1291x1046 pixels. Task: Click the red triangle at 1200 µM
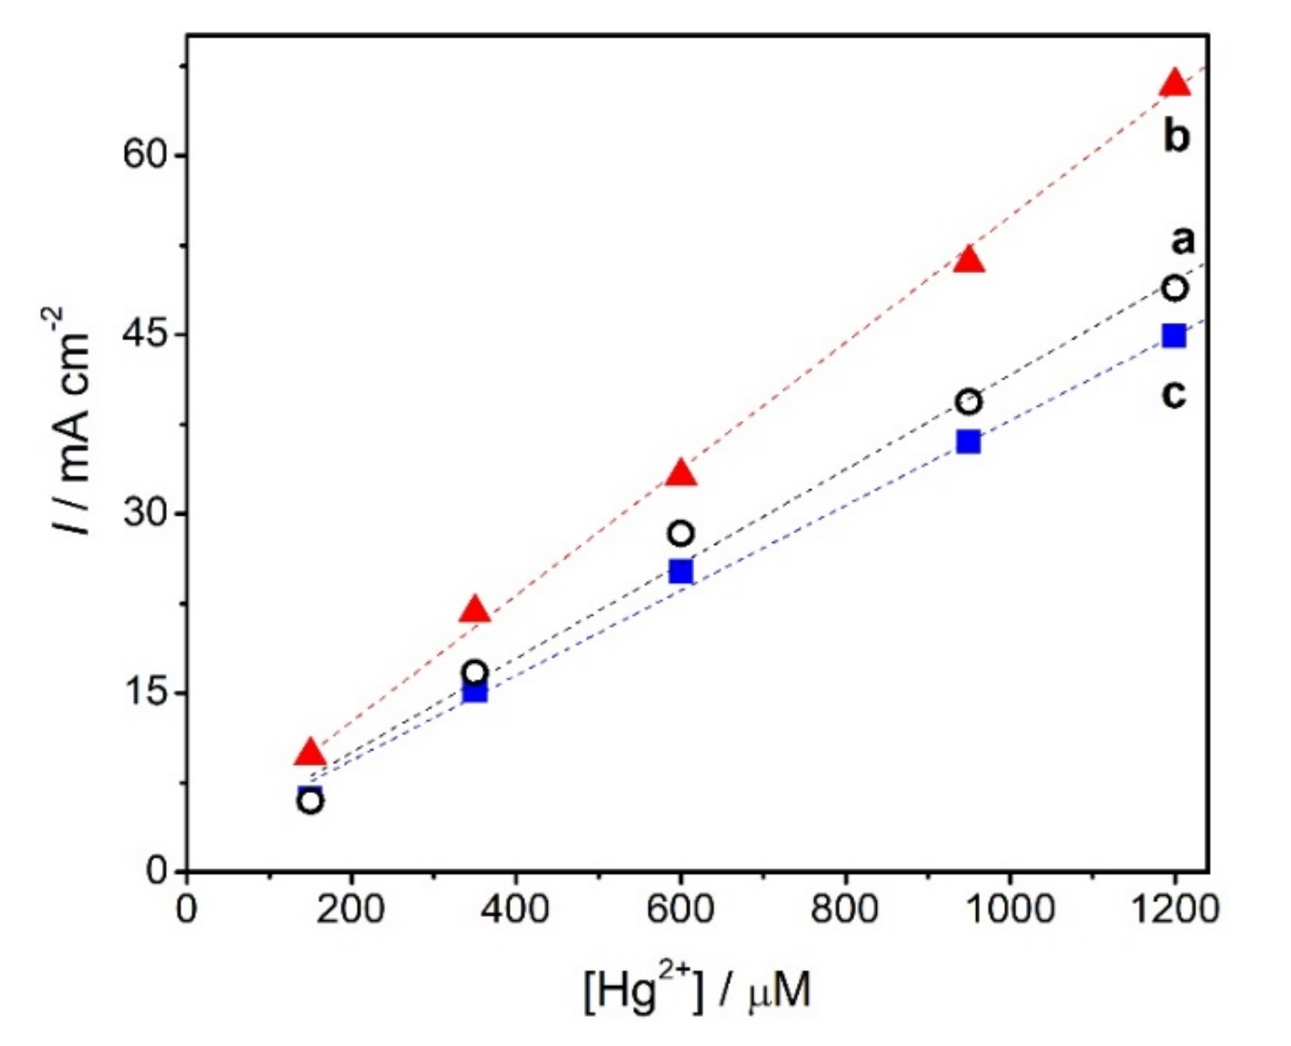(x=1175, y=84)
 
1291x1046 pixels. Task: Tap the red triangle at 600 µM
(x=680, y=474)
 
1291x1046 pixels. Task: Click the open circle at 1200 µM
(x=1175, y=289)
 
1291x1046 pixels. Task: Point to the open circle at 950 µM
(x=968, y=402)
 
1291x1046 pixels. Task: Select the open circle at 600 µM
(x=680, y=533)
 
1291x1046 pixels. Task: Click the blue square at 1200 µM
(x=1175, y=336)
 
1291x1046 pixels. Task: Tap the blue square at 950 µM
(x=968, y=442)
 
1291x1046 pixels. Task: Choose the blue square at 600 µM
(x=680, y=572)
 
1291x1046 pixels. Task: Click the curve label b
(x=1177, y=136)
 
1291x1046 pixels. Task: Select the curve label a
(x=1182, y=240)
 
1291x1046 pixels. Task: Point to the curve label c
(x=1174, y=393)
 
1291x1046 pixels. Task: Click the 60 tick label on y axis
(x=145, y=155)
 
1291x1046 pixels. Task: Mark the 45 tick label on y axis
(x=145, y=334)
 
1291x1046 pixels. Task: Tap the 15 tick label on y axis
(x=145, y=692)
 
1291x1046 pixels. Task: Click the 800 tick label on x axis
(x=845, y=910)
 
